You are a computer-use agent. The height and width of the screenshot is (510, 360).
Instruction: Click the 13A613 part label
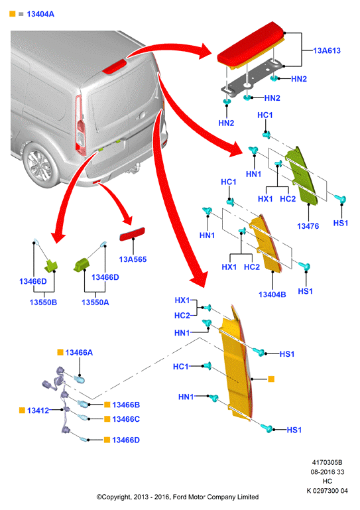pyautogui.click(x=326, y=50)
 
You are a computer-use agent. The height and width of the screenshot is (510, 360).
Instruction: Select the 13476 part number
pyautogui.click(x=308, y=226)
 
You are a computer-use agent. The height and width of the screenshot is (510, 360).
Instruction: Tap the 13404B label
pyautogui.click(x=272, y=294)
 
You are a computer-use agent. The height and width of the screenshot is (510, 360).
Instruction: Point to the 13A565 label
pyautogui.click(x=133, y=259)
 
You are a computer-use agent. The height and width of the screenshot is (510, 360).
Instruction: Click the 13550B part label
pyautogui.click(x=43, y=302)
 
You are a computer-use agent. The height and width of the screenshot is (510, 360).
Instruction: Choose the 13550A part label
pyautogui.click(x=95, y=302)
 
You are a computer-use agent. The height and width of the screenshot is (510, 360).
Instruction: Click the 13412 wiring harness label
pyautogui.click(x=38, y=411)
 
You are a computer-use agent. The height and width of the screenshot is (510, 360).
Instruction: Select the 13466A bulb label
pyautogui.click(x=79, y=353)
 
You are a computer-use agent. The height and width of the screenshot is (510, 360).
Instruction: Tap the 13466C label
pyautogui.click(x=126, y=419)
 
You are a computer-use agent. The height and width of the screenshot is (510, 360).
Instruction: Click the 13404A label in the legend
pyautogui.click(x=40, y=14)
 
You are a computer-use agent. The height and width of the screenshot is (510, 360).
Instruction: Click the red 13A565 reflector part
pyautogui.click(x=132, y=234)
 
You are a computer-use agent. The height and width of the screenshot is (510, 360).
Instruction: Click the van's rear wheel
pyautogui.click(x=40, y=165)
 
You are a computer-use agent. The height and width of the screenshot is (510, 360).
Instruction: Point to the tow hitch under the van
pyautogui.click(x=134, y=168)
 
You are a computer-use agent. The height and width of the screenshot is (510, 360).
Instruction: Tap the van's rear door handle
pyautogui.click(x=141, y=115)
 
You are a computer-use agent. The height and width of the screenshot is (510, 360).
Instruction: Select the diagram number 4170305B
pyautogui.click(x=327, y=462)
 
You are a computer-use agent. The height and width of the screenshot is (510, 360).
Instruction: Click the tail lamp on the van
pyautogui.click(x=80, y=125)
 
